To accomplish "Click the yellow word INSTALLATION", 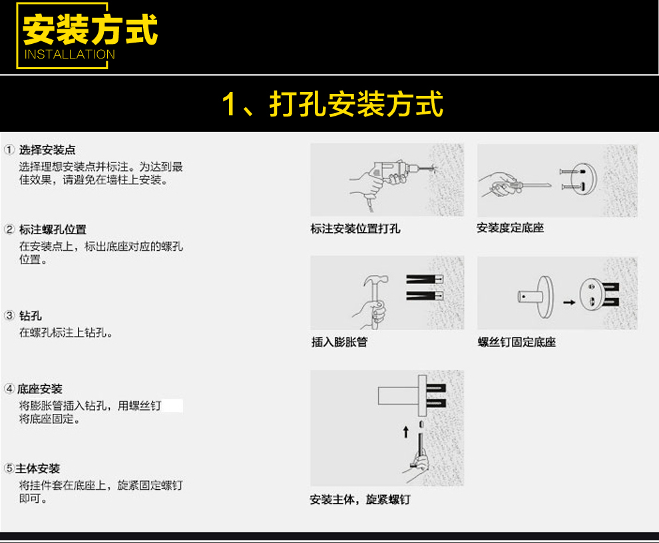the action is (x=69, y=54).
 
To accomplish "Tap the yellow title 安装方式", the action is (x=90, y=29).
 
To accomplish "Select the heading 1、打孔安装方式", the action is (x=332, y=103).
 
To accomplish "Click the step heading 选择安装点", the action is (x=47, y=150).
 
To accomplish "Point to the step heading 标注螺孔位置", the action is (x=53, y=230).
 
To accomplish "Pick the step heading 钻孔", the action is (x=30, y=315).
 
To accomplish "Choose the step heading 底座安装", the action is (x=39, y=389).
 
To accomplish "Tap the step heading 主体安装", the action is (x=37, y=468).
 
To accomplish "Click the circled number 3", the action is (x=9, y=315).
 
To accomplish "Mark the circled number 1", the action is (x=9, y=150).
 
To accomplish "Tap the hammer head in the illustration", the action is (x=375, y=280).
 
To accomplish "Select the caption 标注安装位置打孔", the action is (x=355, y=229).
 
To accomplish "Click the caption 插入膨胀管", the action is (x=339, y=342).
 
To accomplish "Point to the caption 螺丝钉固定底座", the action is (x=517, y=342).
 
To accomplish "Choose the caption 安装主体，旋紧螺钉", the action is (x=359, y=499).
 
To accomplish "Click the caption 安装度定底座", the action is (x=510, y=228).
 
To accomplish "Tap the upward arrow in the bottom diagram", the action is (x=405, y=432).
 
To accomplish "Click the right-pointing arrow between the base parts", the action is (x=569, y=302).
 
